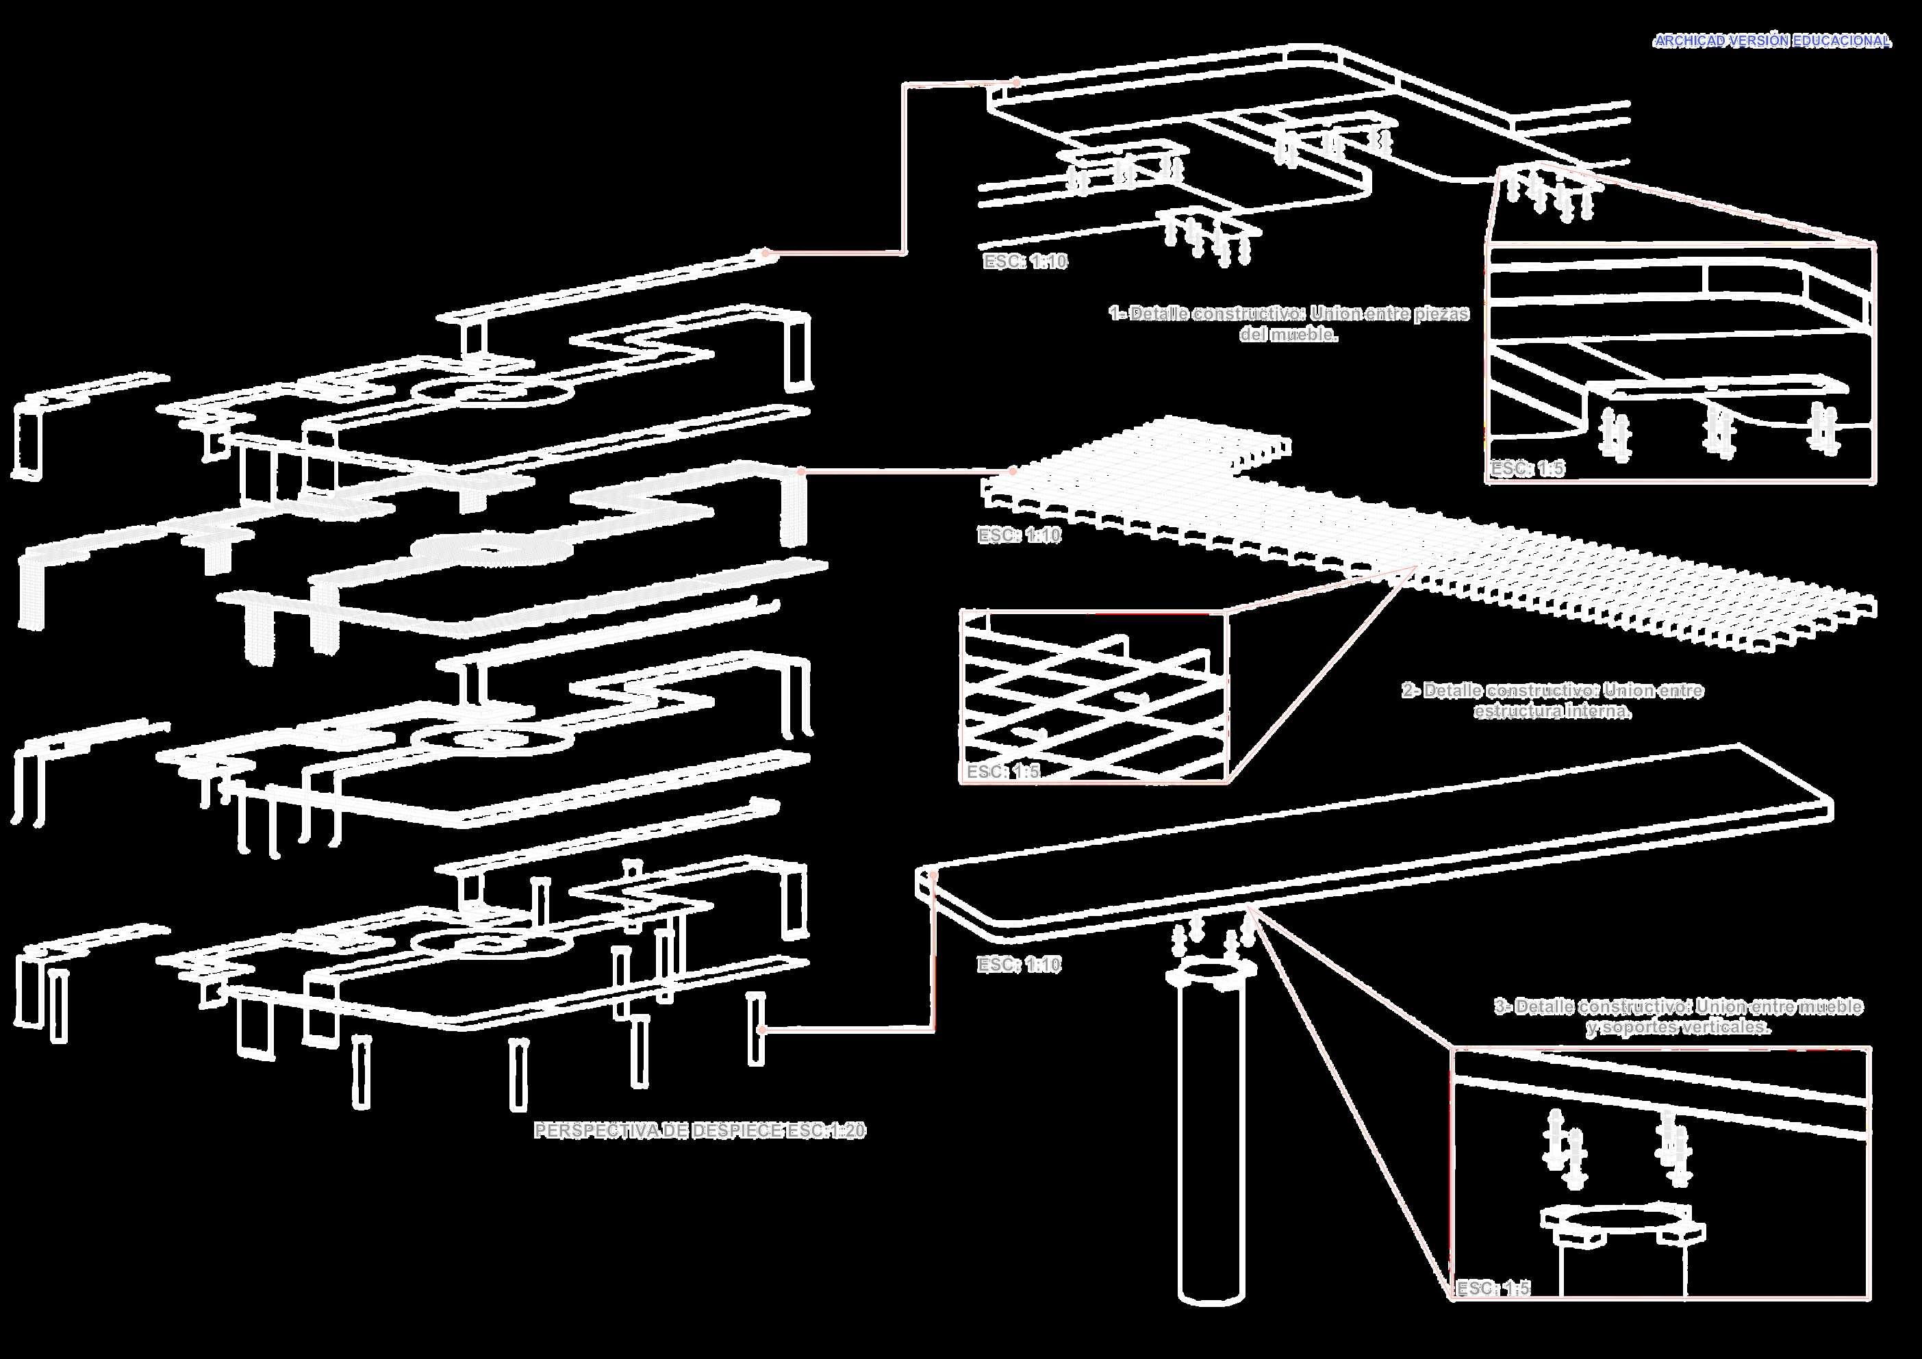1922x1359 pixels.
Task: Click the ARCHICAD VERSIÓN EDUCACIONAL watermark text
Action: point(1771,41)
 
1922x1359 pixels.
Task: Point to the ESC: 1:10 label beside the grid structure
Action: point(1019,535)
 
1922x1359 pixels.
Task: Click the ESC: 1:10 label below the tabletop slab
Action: point(1019,965)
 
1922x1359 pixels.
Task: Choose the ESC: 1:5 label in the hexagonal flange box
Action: point(1493,1288)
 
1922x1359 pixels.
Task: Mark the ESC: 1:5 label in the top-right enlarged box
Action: point(1527,468)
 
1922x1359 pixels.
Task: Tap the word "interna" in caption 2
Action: point(1598,711)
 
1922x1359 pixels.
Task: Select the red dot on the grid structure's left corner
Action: point(1013,471)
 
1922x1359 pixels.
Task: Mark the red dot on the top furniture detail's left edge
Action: point(1015,83)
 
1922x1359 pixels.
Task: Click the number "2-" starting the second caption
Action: point(1411,691)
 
